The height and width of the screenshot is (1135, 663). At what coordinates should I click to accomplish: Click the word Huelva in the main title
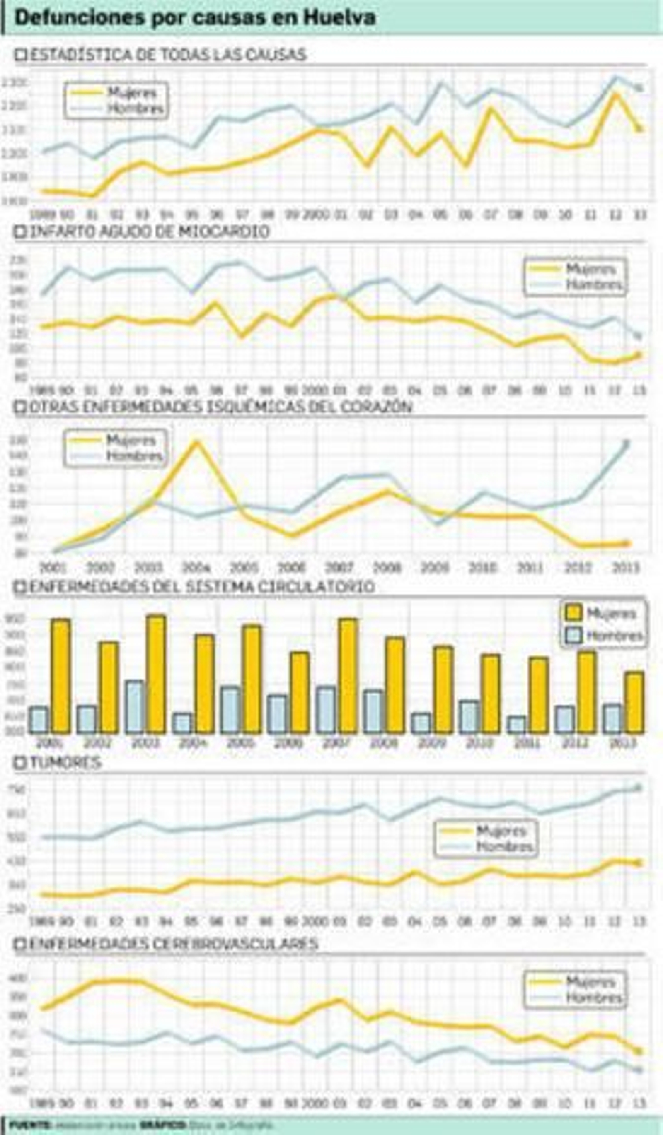tap(339, 18)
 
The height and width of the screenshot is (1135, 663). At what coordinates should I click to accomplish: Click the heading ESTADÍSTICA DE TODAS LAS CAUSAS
tap(168, 55)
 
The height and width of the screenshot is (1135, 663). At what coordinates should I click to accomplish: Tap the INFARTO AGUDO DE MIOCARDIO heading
tap(149, 231)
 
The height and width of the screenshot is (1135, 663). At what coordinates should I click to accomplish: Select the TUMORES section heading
tap(65, 762)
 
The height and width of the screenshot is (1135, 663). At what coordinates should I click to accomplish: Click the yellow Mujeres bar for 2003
tap(156, 674)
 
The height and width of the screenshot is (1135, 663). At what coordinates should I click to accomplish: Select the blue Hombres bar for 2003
tap(134, 707)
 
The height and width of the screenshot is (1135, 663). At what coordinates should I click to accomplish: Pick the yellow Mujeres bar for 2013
tap(634, 703)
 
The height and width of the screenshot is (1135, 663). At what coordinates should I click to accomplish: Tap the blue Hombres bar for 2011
tap(516, 725)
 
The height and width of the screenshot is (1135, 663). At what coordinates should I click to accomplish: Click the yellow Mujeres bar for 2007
tap(348, 676)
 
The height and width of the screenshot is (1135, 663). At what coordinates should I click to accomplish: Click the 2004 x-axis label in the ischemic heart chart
tap(196, 567)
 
